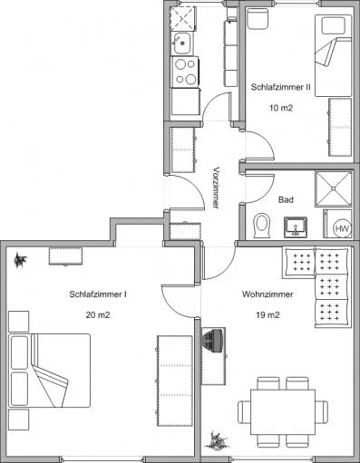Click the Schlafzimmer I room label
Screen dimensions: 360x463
click(x=98, y=294)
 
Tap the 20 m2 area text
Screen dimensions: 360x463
click(x=98, y=315)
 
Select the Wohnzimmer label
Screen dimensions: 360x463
click(x=268, y=294)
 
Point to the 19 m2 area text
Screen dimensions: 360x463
click(x=268, y=315)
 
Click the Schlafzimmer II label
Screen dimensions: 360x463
click(x=281, y=87)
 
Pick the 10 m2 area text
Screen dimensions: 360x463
click(x=281, y=108)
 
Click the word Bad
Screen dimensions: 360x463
click(x=286, y=199)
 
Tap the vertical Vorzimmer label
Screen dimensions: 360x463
click(x=216, y=188)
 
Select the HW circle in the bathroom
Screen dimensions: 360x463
click(x=343, y=228)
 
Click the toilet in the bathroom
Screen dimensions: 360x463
click(x=261, y=226)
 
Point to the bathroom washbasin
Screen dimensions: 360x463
click(x=296, y=227)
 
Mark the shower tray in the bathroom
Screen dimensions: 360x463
click(x=334, y=188)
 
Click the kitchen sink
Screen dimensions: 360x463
click(x=181, y=43)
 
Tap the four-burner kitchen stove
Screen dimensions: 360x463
click(x=185, y=72)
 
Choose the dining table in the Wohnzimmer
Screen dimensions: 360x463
click(x=283, y=412)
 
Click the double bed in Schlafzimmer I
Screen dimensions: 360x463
click(x=50, y=371)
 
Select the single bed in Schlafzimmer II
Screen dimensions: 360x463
click(x=334, y=55)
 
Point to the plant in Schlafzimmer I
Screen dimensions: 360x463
click(x=21, y=260)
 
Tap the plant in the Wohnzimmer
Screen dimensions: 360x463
click(x=217, y=439)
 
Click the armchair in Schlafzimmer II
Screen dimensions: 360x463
click(x=258, y=19)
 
